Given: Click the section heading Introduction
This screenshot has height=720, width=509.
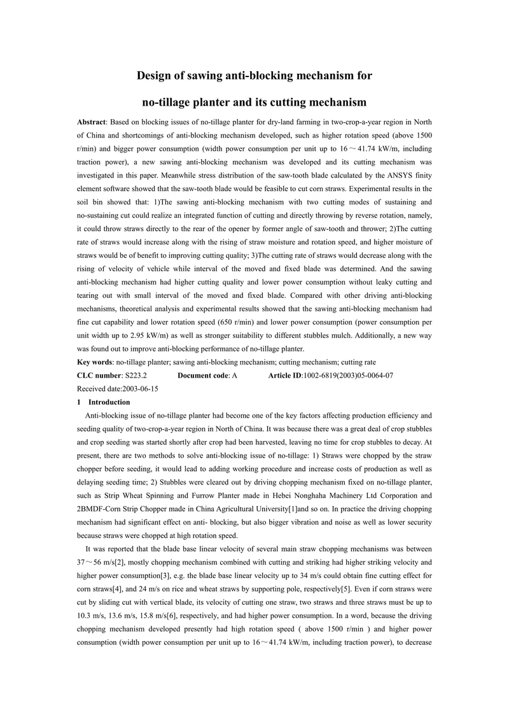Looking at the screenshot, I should click(x=109, y=402).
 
